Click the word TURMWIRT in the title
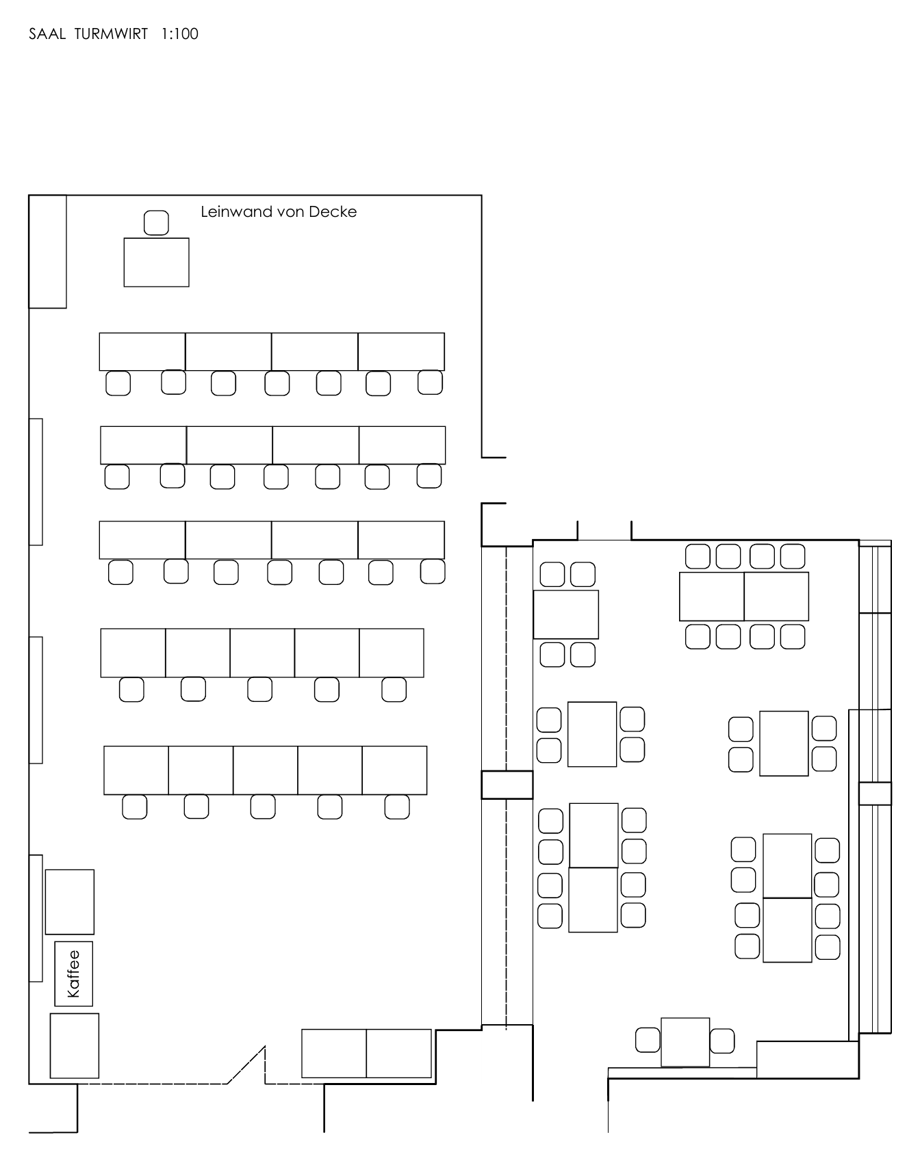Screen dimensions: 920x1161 [111, 34]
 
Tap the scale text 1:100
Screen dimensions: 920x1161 [180, 34]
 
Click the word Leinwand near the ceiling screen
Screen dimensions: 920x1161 [236, 212]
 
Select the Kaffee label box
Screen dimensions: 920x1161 [73, 974]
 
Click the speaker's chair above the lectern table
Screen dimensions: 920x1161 [156, 223]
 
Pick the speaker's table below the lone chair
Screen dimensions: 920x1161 [156, 262]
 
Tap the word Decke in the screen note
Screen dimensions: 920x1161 [333, 212]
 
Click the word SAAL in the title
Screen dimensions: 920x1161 [47, 34]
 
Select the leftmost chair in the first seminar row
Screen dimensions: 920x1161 [118, 383]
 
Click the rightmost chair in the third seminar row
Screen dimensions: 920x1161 [433, 571]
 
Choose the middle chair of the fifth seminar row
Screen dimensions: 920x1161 [263, 807]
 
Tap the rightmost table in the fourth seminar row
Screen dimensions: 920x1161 [392, 653]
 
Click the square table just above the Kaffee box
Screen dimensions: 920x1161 [69, 902]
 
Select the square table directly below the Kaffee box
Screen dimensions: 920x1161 [74, 1045]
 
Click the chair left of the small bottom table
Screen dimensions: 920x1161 [648, 1040]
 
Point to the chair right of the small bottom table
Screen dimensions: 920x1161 [722, 1041]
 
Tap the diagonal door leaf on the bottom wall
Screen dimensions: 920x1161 [246, 1065]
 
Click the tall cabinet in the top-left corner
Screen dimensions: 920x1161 [47, 251]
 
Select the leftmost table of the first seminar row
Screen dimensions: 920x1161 [142, 352]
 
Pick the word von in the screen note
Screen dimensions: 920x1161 [290, 212]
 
